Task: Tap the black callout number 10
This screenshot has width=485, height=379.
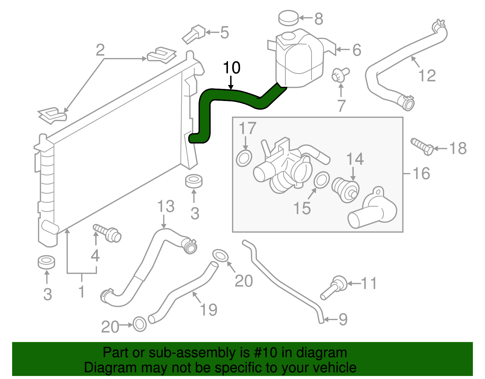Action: click(232, 68)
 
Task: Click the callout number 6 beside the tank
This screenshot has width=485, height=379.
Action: click(357, 50)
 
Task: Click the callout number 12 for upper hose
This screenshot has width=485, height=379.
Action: click(427, 76)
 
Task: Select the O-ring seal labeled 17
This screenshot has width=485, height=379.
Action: click(244, 158)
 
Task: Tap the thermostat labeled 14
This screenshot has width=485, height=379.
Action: click(345, 189)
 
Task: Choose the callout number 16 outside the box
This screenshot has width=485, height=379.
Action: click(421, 174)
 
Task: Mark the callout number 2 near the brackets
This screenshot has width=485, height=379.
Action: click(100, 50)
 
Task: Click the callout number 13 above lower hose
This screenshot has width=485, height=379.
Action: click(166, 207)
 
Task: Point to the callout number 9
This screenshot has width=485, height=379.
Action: click(343, 319)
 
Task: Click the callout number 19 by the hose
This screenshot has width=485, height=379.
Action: click(209, 310)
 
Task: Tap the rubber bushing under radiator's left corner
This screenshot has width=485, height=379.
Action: click(46, 262)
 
